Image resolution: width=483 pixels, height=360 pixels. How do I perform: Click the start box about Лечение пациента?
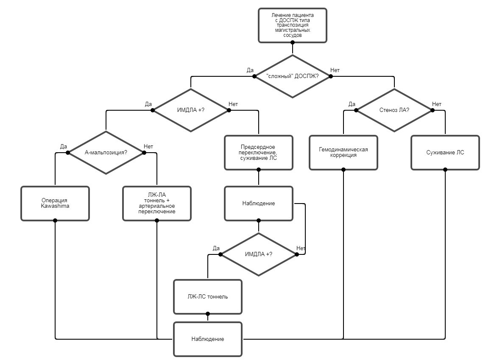[293, 25]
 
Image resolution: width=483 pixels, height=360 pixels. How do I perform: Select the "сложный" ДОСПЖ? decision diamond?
[293, 76]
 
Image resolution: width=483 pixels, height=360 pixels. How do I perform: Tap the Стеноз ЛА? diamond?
[394, 110]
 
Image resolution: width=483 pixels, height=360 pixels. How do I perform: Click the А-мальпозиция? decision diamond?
[106, 153]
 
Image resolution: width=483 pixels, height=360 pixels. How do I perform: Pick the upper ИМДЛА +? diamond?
[191, 110]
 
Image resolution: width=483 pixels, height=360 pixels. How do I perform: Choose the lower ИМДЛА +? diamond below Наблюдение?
[259, 254]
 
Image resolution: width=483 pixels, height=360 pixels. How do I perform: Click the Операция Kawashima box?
[55, 204]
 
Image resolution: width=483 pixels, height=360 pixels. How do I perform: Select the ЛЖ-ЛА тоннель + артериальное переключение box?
[157, 204]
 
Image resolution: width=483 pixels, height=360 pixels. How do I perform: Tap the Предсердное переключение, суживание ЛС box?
[259, 153]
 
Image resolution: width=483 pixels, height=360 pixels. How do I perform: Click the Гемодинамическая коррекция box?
[343, 153]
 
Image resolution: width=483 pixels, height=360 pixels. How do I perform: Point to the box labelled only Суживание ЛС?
[445, 153]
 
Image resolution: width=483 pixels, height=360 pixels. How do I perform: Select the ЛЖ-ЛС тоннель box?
[208, 297]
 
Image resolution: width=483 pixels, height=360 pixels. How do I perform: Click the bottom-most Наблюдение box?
[208, 339]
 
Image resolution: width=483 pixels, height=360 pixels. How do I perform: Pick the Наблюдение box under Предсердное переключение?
[259, 204]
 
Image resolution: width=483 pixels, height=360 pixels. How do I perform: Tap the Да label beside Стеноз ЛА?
[352, 104]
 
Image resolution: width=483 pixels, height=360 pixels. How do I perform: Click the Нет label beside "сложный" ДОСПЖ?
[335, 70]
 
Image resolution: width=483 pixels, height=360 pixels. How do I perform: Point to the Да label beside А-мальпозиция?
[64, 147]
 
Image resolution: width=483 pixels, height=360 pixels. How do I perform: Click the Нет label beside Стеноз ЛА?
[437, 104]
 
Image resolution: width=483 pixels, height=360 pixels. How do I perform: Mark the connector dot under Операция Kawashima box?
[55, 220]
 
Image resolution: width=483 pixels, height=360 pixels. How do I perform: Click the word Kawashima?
[55, 206]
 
